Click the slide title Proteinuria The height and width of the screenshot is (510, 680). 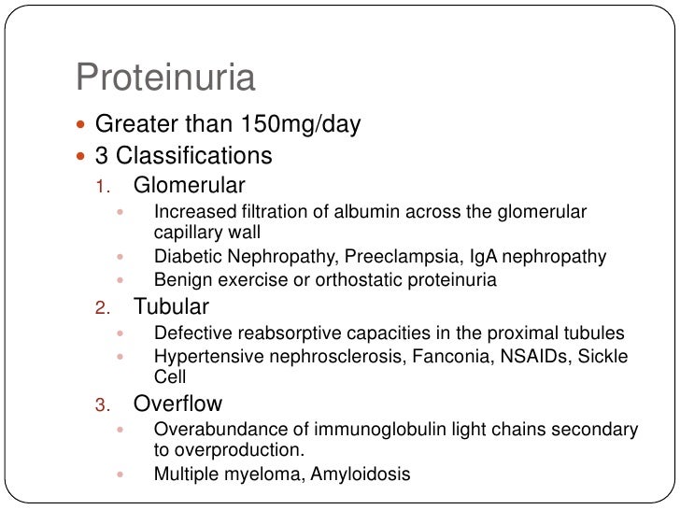[165, 78]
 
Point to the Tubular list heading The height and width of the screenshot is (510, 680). [171, 305]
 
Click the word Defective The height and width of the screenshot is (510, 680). [190, 333]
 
